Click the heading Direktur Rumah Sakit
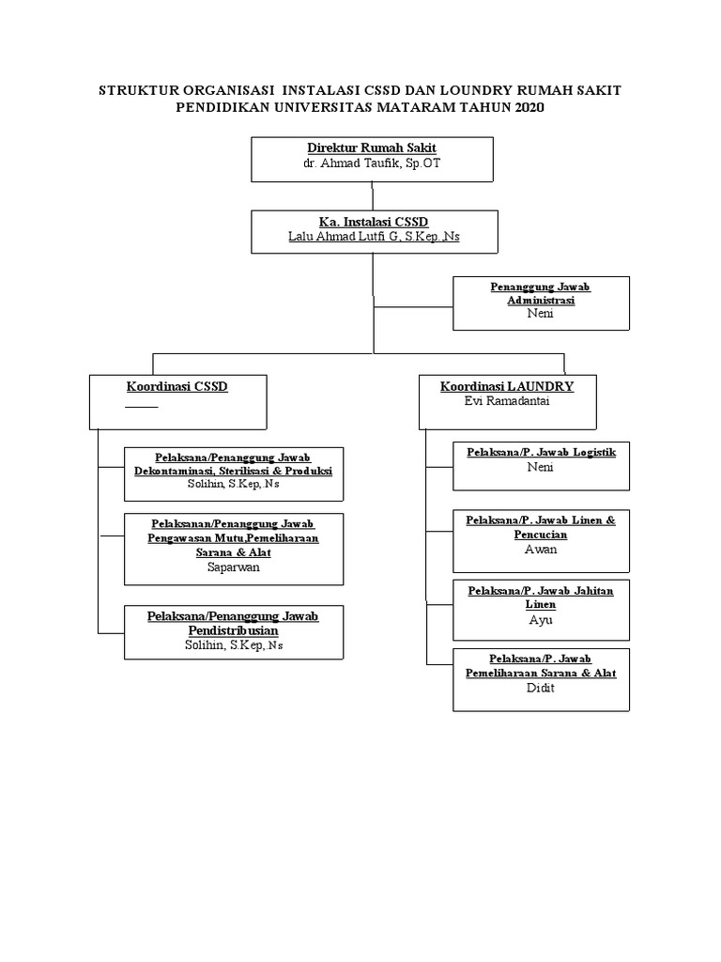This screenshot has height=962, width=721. pyautogui.click(x=373, y=148)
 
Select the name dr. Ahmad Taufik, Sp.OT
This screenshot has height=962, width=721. pyautogui.click(x=373, y=163)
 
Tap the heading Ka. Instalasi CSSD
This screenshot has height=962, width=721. pyautogui.click(x=373, y=222)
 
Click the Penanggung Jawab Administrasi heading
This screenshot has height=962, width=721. pyautogui.click(x=541, y=293)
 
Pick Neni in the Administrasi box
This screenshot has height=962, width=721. pyautogui.click(x=541, y=314)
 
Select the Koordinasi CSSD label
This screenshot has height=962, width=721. pyautogui.click(x=177, y=386)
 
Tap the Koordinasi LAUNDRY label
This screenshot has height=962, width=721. pyautogui.click(x=507, y=386)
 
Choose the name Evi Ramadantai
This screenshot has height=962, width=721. pyautogui.click(x=507, y=400)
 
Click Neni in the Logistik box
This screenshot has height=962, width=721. pyautogui.click(x=541, y=467)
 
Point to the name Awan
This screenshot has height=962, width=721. pyautogui.click(x=541, y=550)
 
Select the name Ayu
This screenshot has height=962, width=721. pyautogui.click(x=541, y=620)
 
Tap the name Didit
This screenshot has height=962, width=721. pyautogui.click(x=541, y=688)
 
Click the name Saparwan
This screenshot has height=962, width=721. pyautogui.click(x=234, y=567)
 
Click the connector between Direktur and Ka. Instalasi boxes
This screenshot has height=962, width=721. pyautogui.click(x=373, y=195)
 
